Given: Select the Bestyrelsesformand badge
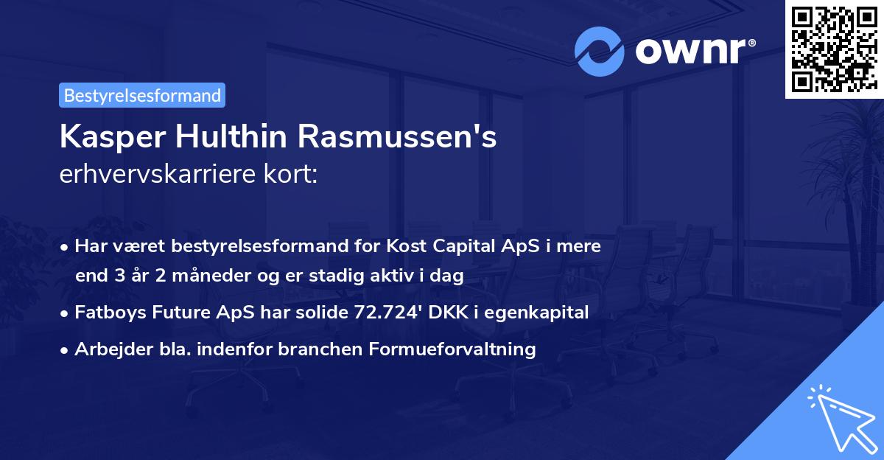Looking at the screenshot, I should point(142,95).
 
